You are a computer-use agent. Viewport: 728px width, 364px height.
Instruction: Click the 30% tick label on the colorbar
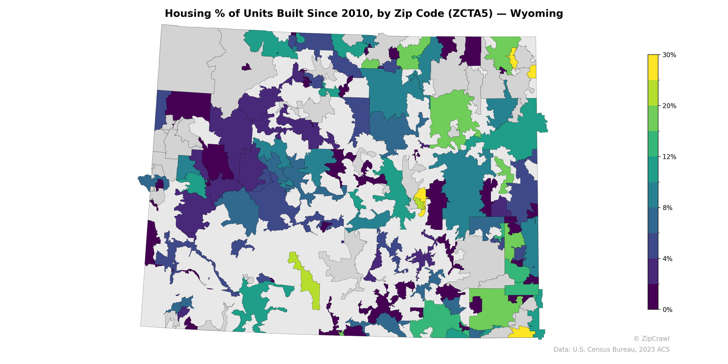click(669, 55)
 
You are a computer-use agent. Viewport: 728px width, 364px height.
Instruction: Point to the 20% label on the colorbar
click(669, 106)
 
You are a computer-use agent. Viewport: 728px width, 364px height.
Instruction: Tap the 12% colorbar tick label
click(669, 157)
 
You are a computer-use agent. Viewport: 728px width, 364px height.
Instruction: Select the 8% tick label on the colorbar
click(667, 208)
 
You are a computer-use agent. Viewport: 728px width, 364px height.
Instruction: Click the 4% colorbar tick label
click(667, 259)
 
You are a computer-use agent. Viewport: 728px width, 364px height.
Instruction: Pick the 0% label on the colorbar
click(667, 309)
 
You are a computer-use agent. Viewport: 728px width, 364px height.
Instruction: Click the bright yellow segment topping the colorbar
click(653, 67)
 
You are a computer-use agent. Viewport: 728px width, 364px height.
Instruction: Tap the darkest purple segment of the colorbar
click(653, 297)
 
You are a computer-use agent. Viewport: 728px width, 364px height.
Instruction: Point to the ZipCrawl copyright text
click(651, 339)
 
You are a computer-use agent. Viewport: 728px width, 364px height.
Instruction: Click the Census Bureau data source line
click(611, 350)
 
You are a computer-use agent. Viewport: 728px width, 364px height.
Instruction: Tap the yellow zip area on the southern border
click(521, 332)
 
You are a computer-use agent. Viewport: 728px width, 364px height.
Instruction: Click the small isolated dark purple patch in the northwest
click(246, 67)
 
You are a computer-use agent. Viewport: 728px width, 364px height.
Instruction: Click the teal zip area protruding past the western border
click(147, 182)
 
